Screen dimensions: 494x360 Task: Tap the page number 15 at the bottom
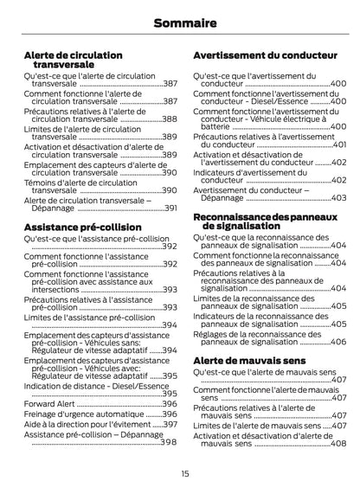point(184,473)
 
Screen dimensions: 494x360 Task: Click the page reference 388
point(170,119)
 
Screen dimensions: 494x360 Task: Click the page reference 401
point(338,144)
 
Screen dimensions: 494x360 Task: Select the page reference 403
point(338,198)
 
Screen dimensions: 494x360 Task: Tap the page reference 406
point(338,343)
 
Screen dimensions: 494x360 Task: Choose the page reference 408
point(338,443)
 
